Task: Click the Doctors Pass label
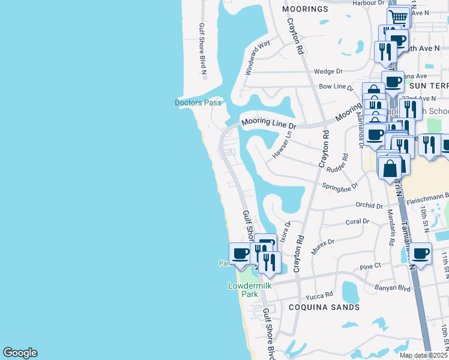pos(197,103)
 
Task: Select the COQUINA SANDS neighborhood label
pos(324,307)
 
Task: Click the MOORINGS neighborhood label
pos(305,9)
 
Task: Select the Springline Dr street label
pos(340,186)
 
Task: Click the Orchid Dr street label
pos(369,205)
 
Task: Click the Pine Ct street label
pos(370,266)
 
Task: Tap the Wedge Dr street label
pos(328,71)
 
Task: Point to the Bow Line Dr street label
pos(336,87)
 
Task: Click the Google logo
pos(20,353)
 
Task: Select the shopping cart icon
pos(399,17)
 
